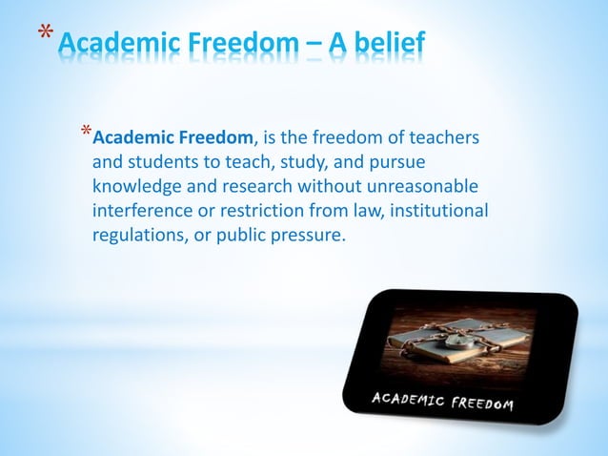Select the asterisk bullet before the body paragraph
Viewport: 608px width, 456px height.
[86, 132]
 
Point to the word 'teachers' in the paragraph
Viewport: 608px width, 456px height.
[444, 139]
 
